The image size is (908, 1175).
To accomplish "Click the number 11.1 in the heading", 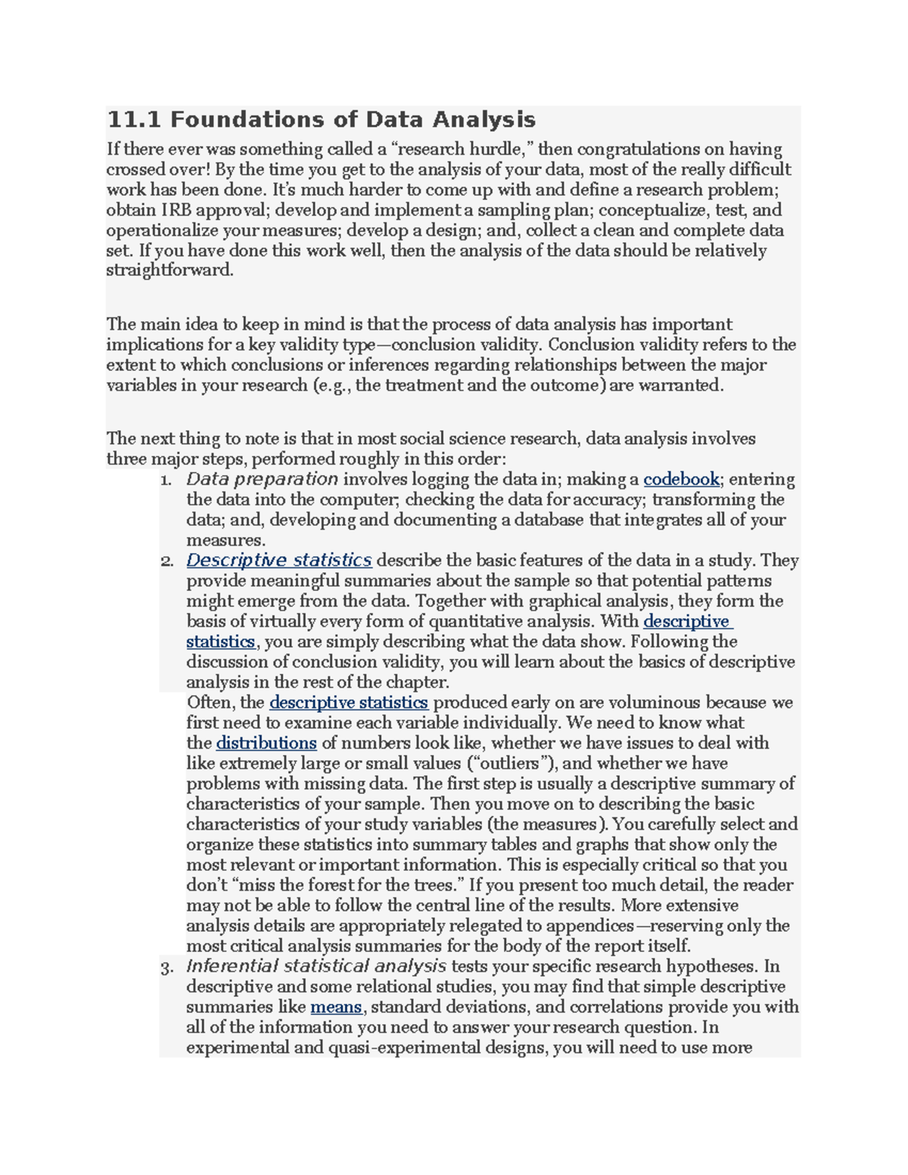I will click(x=135, y=120).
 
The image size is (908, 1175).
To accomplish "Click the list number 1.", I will click(x=166, y=480).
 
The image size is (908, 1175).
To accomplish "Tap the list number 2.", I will click(x=166, y=561).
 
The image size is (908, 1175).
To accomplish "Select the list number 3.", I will click(x=166, y=968).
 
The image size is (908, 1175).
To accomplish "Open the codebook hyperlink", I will click(x=681, y=480).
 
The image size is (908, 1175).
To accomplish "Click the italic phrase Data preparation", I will click(x=262, y=480).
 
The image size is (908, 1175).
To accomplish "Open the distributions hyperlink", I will click(x=266, y=743).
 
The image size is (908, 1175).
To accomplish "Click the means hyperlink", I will click(x=337, y=1007).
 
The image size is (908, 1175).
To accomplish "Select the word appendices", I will click(x=589, y=926).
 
